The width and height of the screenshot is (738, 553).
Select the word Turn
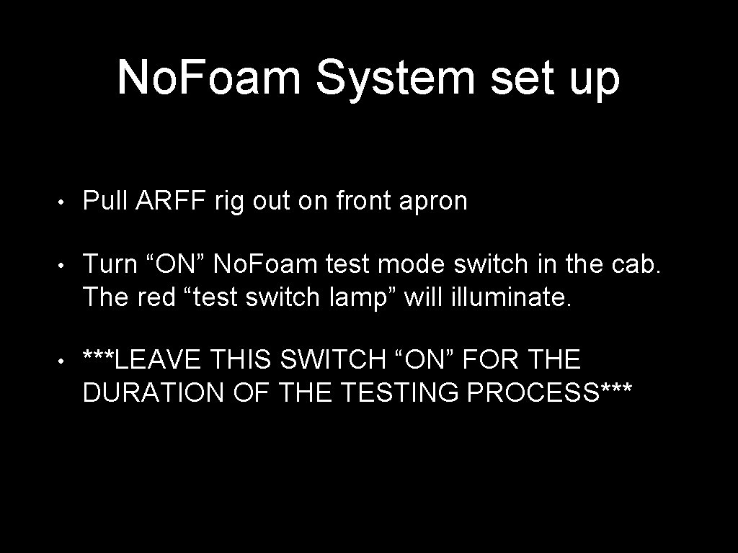[x=110, y=265]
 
